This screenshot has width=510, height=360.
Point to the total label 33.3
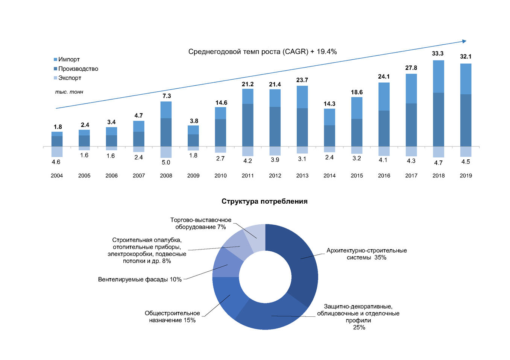[x=438, y=53]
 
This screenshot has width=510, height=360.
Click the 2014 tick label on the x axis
[x=329, y=175]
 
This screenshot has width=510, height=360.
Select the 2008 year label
[x=166, y=175]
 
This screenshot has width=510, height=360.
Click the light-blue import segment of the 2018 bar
[x=439, y=76]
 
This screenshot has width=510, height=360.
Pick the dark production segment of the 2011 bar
[x=247, y=125]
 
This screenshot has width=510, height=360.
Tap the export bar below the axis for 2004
[x=57, y=151]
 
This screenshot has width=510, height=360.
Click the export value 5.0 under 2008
[x=166, y=162]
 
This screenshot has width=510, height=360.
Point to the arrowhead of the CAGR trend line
[x=464, y=41]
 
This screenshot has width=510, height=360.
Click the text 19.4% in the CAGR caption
[x=326, y=51]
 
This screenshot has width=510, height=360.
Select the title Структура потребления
[x=264, y=201]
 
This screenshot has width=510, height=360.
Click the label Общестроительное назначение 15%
[x=172, y=316]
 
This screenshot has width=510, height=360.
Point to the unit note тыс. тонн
[x=69, y=92]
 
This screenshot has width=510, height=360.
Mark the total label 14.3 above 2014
[x=329, y=104]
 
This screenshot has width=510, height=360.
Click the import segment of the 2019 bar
[x=466, y=79]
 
